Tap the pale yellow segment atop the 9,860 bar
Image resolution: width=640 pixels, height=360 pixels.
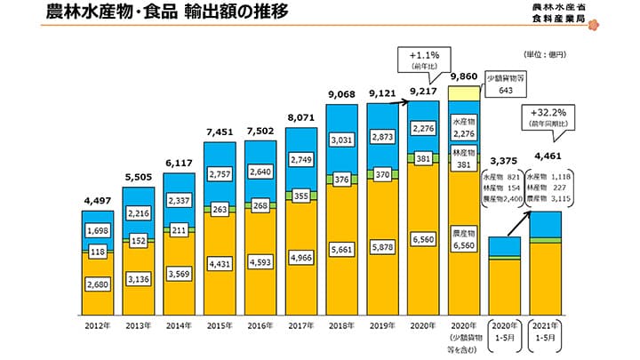tap(467, 93)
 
